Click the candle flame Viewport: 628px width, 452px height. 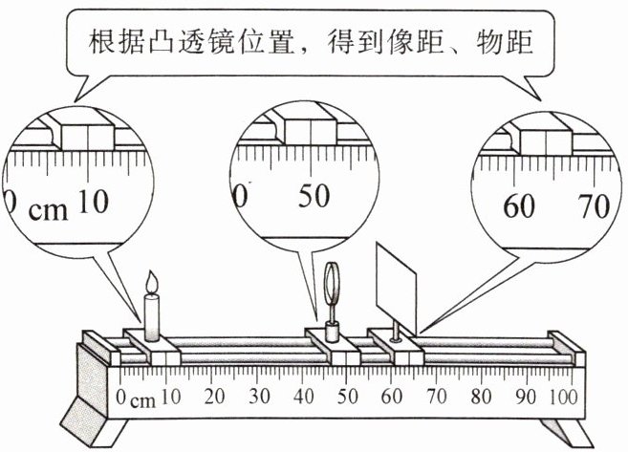[151, 284]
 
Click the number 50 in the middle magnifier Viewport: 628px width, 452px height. [314, 196]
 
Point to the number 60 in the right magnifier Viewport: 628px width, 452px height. [521, 205]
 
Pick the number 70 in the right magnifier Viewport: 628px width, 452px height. [595, 205]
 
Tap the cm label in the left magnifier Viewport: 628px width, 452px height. [49, 209]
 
